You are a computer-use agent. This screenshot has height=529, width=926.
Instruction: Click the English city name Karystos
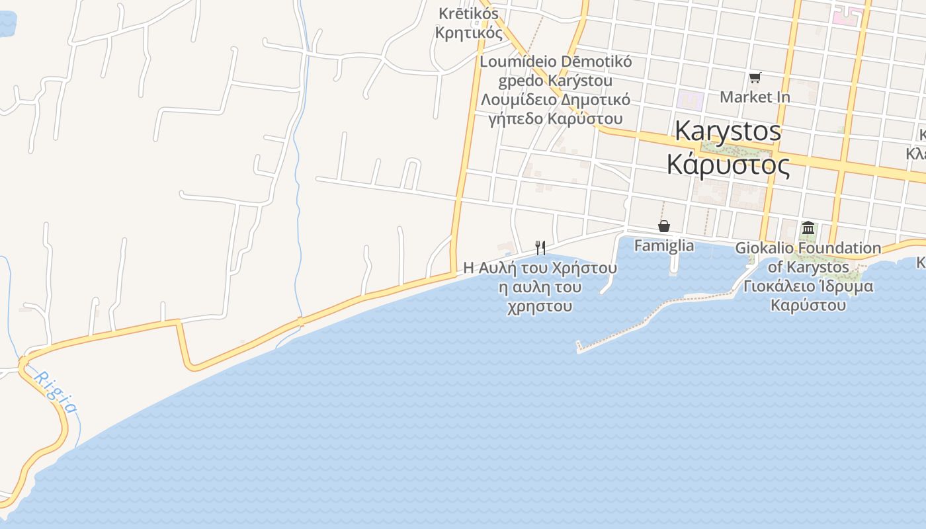point(728,131)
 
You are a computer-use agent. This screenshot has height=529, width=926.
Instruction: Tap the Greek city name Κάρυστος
point(728,164)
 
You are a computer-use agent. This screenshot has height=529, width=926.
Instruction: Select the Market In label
point(755,97)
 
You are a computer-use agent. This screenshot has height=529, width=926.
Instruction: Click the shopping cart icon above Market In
point(755,78)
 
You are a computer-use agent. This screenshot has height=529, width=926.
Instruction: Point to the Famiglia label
point(664,246)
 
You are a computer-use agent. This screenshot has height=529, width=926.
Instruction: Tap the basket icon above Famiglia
point(664,227)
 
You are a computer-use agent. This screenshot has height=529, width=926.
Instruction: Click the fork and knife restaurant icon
point(540,248)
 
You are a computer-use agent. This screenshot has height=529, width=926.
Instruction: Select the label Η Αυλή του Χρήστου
point(540,268)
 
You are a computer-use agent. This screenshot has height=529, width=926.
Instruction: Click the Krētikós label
point(468,13)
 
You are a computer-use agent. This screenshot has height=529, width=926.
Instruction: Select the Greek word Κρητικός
point(468,32)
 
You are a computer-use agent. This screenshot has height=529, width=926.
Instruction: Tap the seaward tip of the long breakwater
point(579,346)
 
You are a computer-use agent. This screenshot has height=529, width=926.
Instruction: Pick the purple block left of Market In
point(690,101)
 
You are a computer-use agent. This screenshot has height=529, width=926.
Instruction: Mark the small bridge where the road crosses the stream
point(300,322)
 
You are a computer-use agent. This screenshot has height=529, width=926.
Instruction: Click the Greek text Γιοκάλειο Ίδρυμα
point(808,286)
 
